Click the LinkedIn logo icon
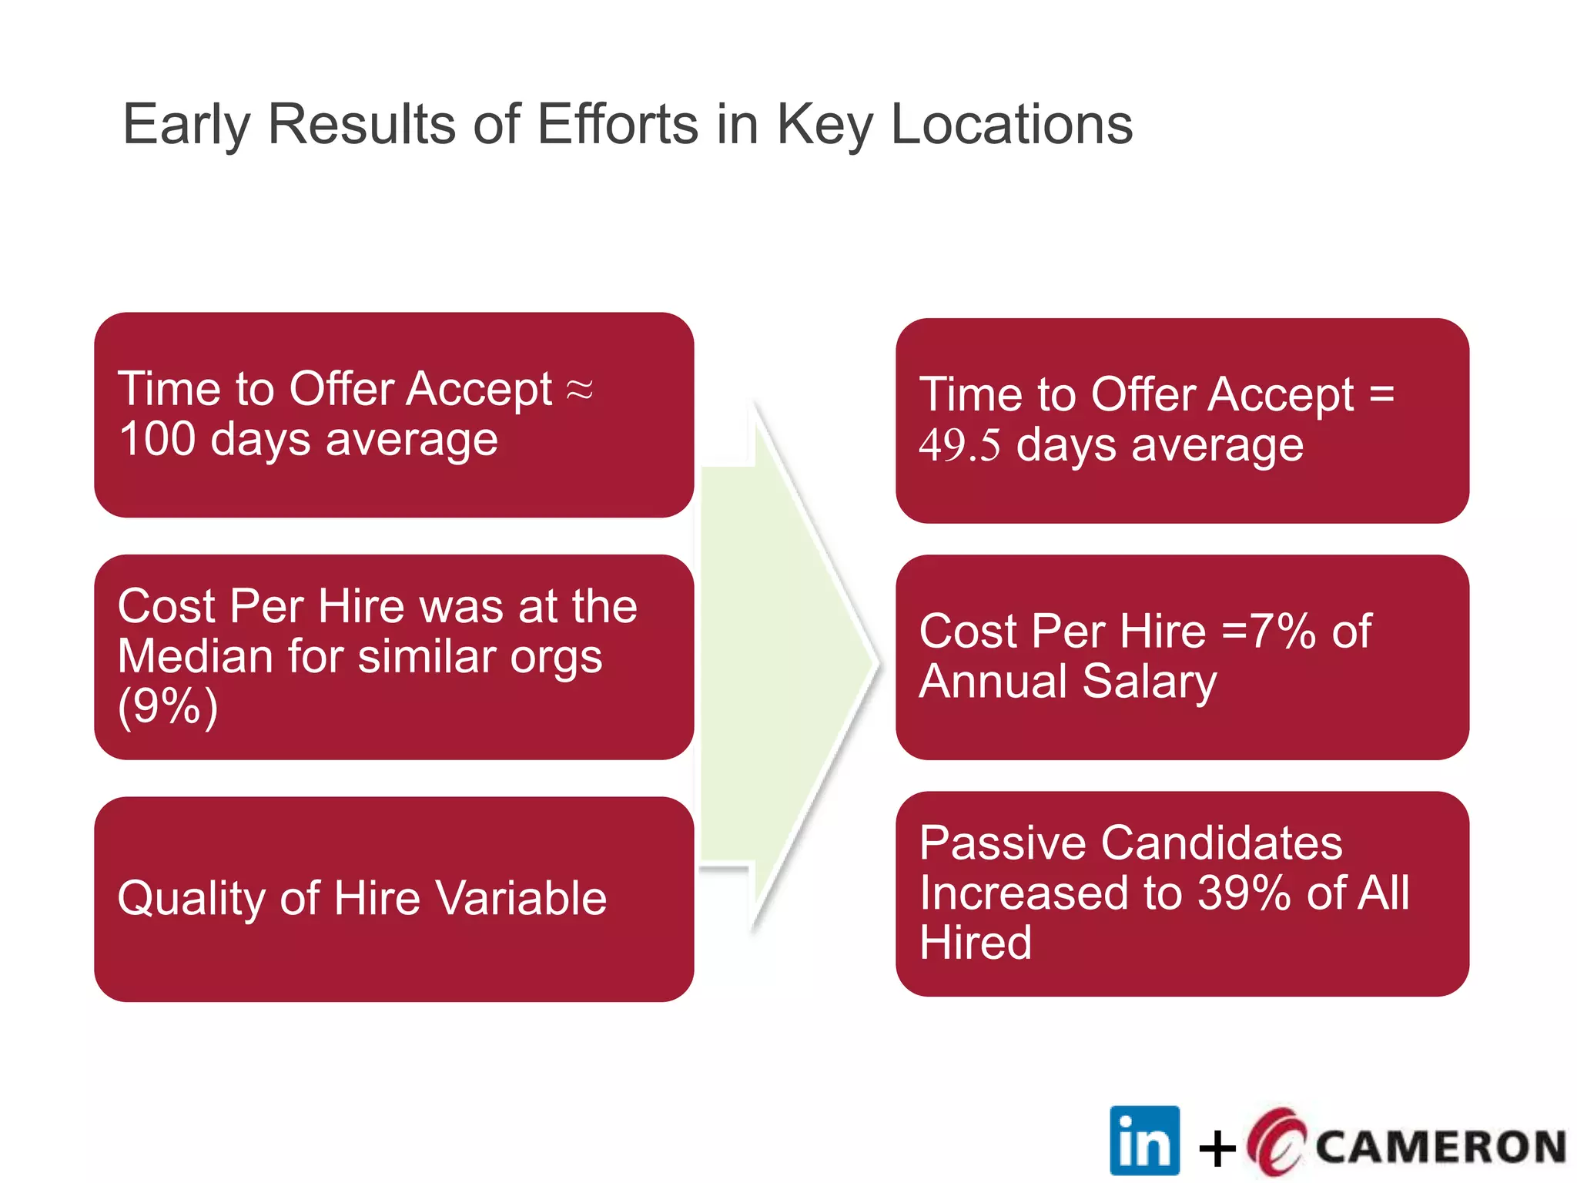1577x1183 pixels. click(x=1144, y=1141)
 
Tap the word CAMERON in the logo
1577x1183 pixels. click(x=1441, y=1147)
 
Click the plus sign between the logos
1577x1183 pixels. click(x=1217, y=1149)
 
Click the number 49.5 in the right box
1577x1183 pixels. click(x=959, y=446)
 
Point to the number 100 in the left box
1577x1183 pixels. click(x=157, y=439)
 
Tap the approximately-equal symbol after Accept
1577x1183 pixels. click(x=580, y=390)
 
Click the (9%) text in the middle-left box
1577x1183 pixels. click(x=168, y=705)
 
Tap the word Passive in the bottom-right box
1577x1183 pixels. click(x=1003, y=843)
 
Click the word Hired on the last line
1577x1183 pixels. click(x=976, y=943)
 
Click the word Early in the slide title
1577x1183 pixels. click(x=186, y=125)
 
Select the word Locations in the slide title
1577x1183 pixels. click(x=1012, y=125)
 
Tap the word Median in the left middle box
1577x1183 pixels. click(x=196, y=657)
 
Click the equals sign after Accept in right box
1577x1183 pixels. click(x=1381, y=394)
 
